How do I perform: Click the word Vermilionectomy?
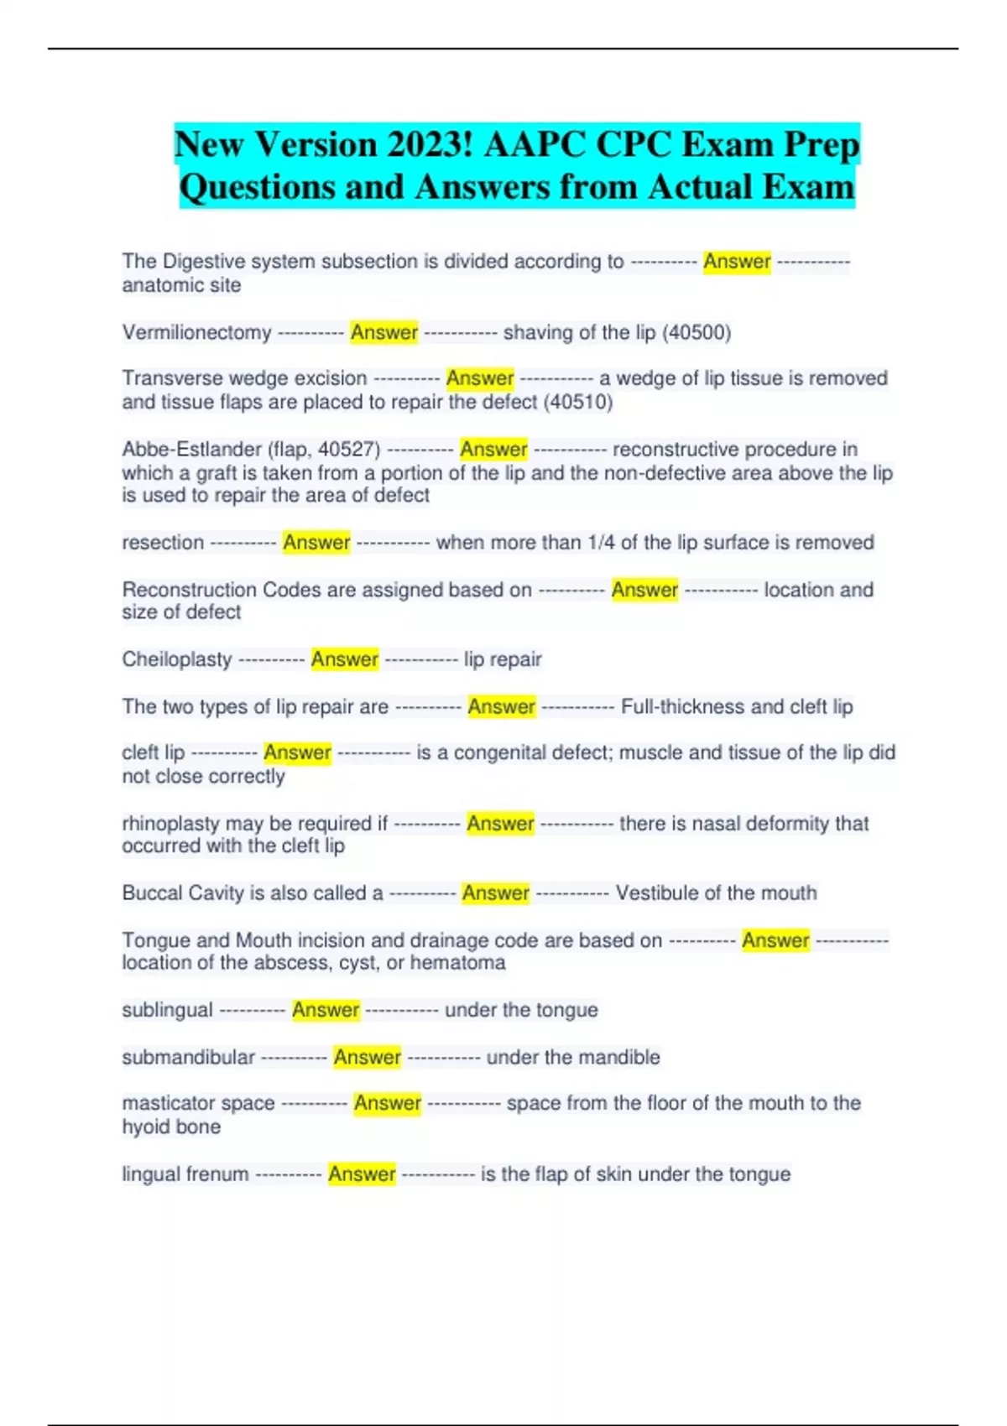(196, 333)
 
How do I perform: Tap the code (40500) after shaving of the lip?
(697, 333)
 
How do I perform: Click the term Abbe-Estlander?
(191, 450)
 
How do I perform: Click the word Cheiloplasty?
(176, 659)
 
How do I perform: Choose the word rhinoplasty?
(170, 824)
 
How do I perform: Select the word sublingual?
(167, 1010)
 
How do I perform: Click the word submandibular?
(188, 1057)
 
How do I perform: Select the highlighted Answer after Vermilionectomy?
(383, 333)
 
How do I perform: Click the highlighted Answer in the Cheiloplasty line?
(344, 659)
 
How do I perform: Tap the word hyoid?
(145, 1127)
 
